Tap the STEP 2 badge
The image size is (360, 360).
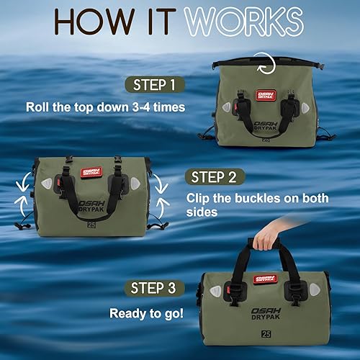click(215, 176)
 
